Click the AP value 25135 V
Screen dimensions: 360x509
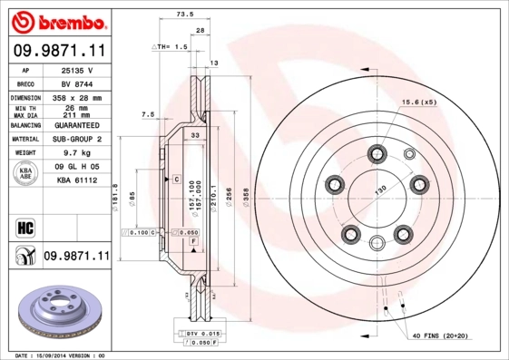click(76, 69)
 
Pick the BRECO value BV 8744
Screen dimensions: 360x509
click(76, 82)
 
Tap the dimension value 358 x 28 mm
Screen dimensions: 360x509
click(76, 97)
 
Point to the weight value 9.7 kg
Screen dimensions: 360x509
click(76, 154)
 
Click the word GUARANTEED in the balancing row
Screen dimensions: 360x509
click(76, 125)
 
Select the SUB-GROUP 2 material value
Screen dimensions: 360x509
click(76, 140)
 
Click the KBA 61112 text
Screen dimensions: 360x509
click(76, 182)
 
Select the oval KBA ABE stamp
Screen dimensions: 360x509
click(26, 174)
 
